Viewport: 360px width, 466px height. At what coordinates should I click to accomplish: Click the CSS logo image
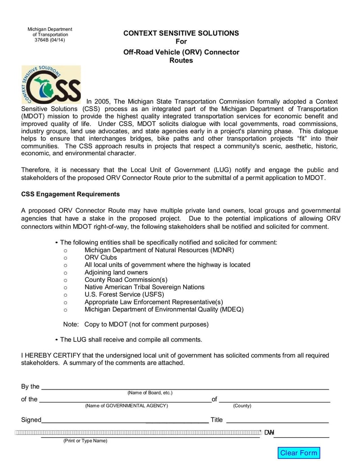click(x=51, y=85)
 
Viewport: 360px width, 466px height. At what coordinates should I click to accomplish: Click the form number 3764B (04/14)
click(x=50, y=40)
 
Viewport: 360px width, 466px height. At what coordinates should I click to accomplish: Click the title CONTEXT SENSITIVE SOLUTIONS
click(x=181, y=33)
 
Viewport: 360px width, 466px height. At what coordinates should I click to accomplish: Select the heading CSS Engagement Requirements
click(x=70, y=194)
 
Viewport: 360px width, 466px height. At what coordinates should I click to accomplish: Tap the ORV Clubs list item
click(x=101, y=258)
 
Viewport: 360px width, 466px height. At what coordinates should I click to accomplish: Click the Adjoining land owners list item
click(x=116, y=272)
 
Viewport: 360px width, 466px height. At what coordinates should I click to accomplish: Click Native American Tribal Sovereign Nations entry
click(x=144, y=287)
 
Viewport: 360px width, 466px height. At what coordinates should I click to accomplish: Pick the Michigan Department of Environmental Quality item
click(x=164, y=309)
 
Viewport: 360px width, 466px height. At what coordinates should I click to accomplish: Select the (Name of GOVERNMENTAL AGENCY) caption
click(x=126, y=406)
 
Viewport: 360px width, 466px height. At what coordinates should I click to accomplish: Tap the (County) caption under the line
click(x=242, y=406)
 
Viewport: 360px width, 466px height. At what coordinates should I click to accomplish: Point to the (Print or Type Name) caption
click(x=85, y=441)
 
